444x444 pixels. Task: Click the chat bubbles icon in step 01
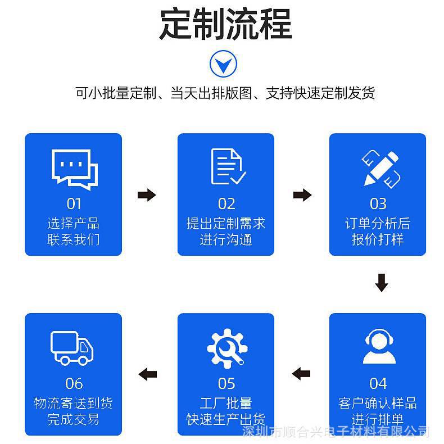click(74, 167)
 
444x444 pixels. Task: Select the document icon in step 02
click(227, 167)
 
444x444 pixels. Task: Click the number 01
click(74, 203)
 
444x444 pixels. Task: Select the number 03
click(378, 203)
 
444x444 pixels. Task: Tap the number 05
click(226, 383)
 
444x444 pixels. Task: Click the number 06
click(74, 383)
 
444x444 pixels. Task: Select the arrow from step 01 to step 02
click(147, 195)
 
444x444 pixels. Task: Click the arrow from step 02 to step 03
click(302, 195)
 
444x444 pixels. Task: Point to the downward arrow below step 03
click(382, 283)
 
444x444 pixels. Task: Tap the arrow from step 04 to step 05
click(302, 373)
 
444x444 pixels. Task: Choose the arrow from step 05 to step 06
click(148, 373)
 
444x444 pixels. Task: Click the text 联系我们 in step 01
click(74, 239)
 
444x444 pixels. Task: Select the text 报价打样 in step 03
click(378, 239)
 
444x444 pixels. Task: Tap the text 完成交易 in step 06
click(74, 419)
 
